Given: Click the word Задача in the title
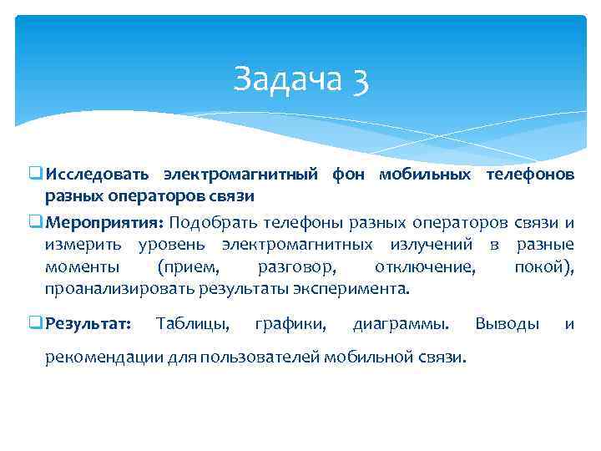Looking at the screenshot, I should click(283, 79).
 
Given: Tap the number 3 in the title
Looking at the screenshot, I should click(360, 80).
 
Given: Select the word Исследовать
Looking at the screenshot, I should click(98, 175).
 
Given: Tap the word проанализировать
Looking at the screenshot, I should click(120, 290).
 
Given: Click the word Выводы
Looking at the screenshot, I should click(507, 323).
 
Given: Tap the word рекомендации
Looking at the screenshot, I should click(99, 357).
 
